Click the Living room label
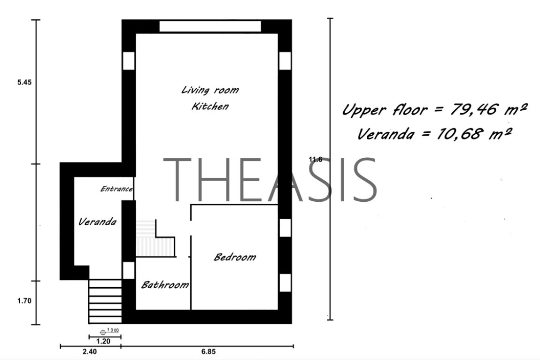coord(210,90)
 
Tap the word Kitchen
coord(210,106)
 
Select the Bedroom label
coord(235,257)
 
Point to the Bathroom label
coord(165,284)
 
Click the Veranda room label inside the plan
coord(97,222)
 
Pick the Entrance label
coord(116,189)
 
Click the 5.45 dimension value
coord(24,82)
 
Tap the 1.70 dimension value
coord(24,301)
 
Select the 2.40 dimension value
coord(90,352)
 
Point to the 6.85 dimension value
coord(208,352)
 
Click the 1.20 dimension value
coord(103,341)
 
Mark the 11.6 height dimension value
coord(316,160)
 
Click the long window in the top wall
coord(210,26)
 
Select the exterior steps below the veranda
coord(105,301)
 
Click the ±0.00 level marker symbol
coord(103,332)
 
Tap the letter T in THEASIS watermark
coord(177,179)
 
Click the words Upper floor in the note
coord(385,110)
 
